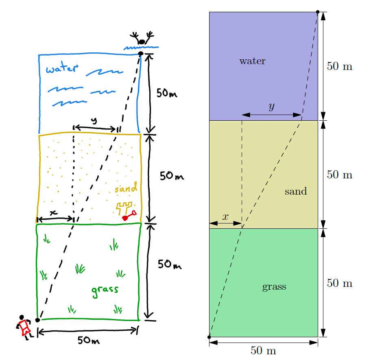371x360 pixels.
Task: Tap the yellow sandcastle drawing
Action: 124,208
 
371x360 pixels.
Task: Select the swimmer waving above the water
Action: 142,39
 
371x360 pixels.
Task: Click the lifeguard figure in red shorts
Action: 24,326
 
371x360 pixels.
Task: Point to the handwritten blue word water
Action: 61,69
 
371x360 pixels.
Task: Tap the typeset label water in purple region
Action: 252,61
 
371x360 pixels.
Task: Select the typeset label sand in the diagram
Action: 295,191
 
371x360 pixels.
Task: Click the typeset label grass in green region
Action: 274,287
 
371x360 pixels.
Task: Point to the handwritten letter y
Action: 94,121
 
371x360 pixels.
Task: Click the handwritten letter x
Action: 53,213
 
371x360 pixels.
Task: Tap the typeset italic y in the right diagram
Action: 271,107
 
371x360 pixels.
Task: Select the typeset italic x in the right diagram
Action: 225,217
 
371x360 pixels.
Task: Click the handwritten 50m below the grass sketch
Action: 89,340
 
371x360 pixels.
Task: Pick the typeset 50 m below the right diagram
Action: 263,351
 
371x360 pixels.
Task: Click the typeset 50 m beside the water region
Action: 339,66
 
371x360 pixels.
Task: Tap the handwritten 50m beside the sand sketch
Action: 172,176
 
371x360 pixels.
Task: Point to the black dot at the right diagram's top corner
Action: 318,12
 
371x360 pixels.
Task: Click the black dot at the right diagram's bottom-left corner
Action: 209,337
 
